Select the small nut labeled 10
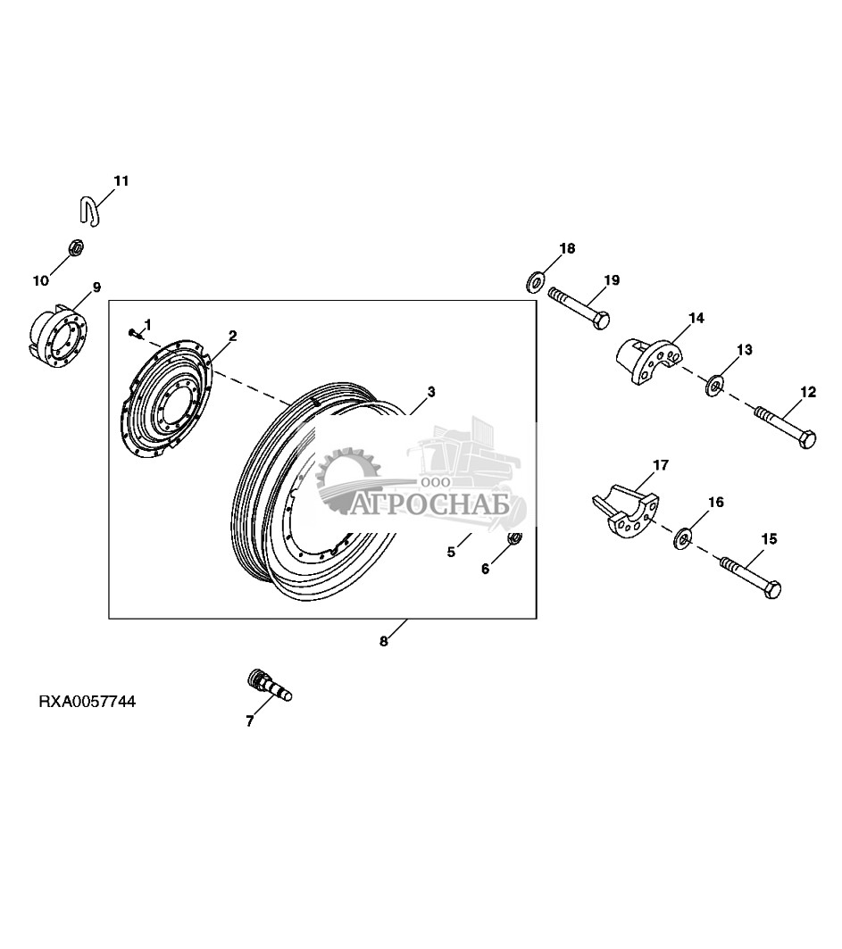point(76,246)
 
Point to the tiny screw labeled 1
point(133,333)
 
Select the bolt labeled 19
point(579,306)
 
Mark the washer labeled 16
point(684,537)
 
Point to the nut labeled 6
point(514,538)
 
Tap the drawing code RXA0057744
point(88,702)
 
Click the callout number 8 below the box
point(384,641)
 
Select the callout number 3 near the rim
point(431,391)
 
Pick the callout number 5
point(452,552)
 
